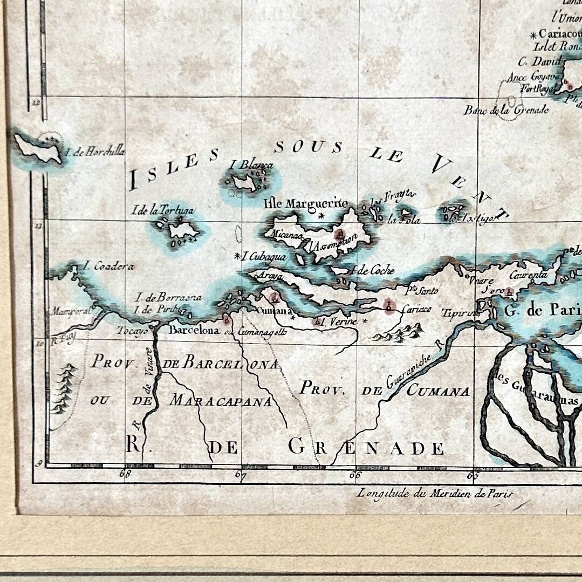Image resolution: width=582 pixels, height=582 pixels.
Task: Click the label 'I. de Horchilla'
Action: pyautogui.click(x=95, y=152)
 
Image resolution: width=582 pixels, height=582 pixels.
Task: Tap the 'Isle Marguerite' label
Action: pyautogui.click(x=306, y=203)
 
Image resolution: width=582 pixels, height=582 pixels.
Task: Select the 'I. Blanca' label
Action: pyautogui.click(x=251, y=165)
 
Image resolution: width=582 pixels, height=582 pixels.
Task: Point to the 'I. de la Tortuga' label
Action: pyautogui.click(x=163, y=210)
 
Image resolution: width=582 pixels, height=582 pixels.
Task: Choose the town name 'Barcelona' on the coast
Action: pyautogui.click(x=194, y=330)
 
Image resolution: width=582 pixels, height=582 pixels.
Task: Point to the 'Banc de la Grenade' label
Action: pyautogui.click(x=506, y=110)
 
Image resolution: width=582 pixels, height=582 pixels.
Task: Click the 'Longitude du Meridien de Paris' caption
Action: pyautogui.click(x=435, y=493)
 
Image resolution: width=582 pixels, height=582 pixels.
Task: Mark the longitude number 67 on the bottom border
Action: pyautogui.click(x=241, y=475)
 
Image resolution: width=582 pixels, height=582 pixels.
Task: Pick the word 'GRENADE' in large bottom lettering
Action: pyautogui.click(x=366, y=447)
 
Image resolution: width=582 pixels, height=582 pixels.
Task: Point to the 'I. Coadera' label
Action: pyautogui.click(x=108, y=266)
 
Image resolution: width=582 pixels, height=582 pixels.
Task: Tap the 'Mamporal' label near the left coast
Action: pyautogui.click(x=70, y=311)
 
